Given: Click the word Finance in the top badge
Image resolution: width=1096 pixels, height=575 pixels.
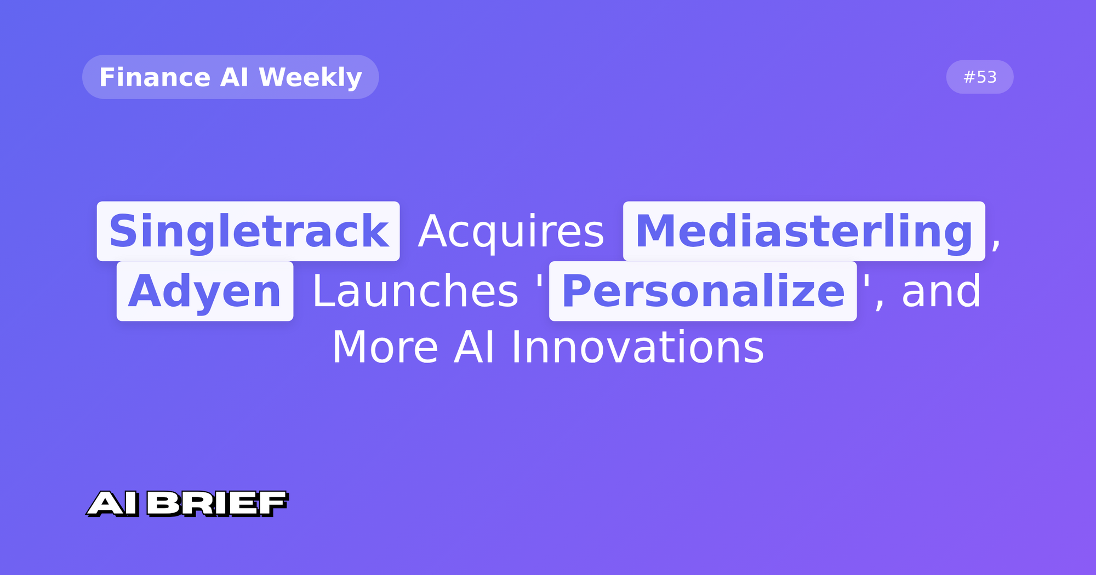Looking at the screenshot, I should [155, 77].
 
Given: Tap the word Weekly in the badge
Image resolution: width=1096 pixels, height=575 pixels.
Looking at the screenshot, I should [310, 77].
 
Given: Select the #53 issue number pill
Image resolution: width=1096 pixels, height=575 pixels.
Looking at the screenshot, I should [980, 77].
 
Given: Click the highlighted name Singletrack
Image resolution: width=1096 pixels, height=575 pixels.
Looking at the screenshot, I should [248, 231].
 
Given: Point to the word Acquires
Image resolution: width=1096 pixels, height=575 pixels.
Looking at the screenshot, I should [511, 231].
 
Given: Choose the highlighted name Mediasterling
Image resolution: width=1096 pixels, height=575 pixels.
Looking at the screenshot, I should [803, 231].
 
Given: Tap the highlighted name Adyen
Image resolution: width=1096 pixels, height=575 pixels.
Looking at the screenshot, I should [204, 291].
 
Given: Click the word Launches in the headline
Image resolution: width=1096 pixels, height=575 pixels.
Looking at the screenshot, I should [415, 291].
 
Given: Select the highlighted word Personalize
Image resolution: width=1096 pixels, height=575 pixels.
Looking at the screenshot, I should [703, 291].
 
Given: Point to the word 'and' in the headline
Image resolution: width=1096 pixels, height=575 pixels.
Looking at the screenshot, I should [941, 291].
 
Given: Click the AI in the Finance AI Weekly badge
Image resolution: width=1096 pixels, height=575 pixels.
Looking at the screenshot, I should [234, 77].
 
